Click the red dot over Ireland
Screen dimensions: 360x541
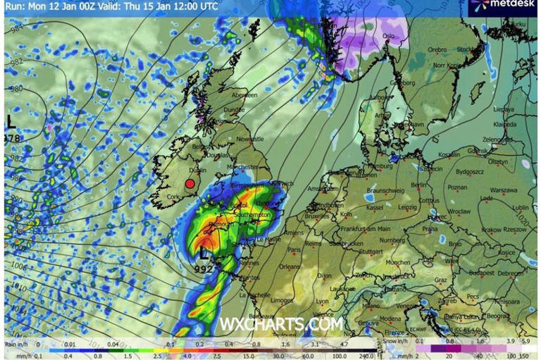[189, 184]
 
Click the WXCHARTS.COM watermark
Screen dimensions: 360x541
[281, 324]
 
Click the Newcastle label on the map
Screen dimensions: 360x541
[251, 139]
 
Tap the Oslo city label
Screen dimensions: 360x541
[388, 36]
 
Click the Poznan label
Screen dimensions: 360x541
[457, 188]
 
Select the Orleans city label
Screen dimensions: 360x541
[289, 267]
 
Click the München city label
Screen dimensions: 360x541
[398, 263]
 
